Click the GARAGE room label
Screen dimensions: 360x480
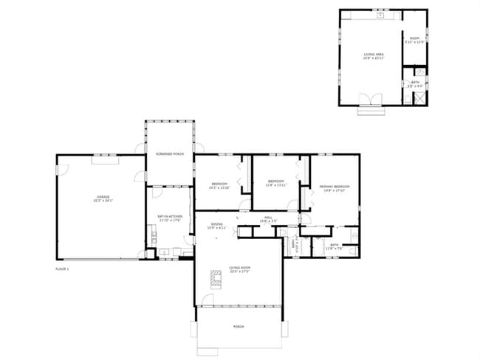click(x=102, y=197)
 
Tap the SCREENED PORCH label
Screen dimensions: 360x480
click(x=169, y=154)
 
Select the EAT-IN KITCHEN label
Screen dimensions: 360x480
click(x=169, y=215)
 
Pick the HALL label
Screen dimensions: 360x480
click(x=270, y=217)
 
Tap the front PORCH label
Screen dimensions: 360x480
click(x=239, y=326)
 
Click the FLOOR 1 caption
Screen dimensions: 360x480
click(x=62, y=269)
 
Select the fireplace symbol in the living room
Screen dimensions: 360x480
click(x=216, y=278)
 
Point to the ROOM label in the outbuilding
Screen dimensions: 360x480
click(x=414, y=38)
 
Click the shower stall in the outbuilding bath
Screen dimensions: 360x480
click(x=419, y=96)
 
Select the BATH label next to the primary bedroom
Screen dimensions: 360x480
click(x=335, y=244)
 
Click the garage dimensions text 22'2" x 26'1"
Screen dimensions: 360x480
click(x=102, y=201)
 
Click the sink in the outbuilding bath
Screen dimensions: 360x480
click(x=419, y=72)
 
